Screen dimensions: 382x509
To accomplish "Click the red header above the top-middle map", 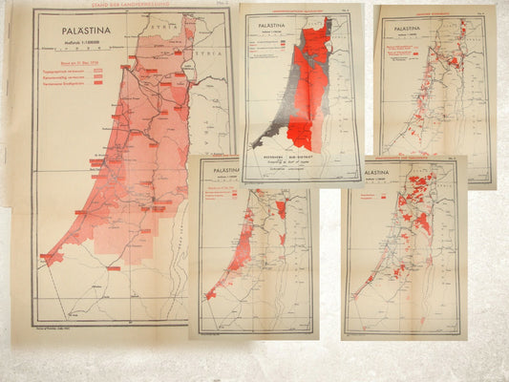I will coord(286,11).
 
